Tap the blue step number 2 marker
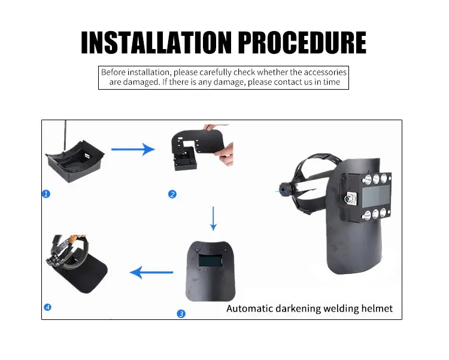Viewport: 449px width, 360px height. [172, 194]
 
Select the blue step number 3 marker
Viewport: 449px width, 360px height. [181, 313]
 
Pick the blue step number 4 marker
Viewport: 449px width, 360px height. [47, 307]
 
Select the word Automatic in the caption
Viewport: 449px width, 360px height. [250, 309]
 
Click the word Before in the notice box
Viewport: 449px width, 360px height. [114, 72]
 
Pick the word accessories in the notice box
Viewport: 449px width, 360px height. [325, 72]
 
